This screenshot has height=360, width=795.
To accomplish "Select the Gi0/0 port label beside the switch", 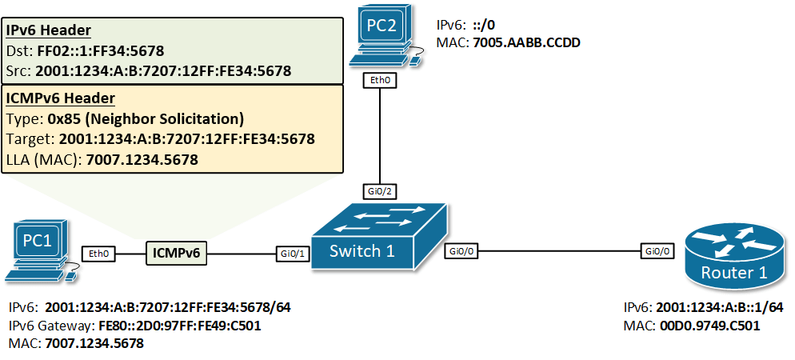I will point(461,251).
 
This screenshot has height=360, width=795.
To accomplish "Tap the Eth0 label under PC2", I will point(378,80).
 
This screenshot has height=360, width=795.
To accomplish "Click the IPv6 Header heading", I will point(48,30).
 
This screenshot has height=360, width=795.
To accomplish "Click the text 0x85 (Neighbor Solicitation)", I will point(146,119).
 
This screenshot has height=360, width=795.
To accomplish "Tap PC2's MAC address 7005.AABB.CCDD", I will point(525,42).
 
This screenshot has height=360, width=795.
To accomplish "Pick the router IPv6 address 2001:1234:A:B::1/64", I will point(717,307).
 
